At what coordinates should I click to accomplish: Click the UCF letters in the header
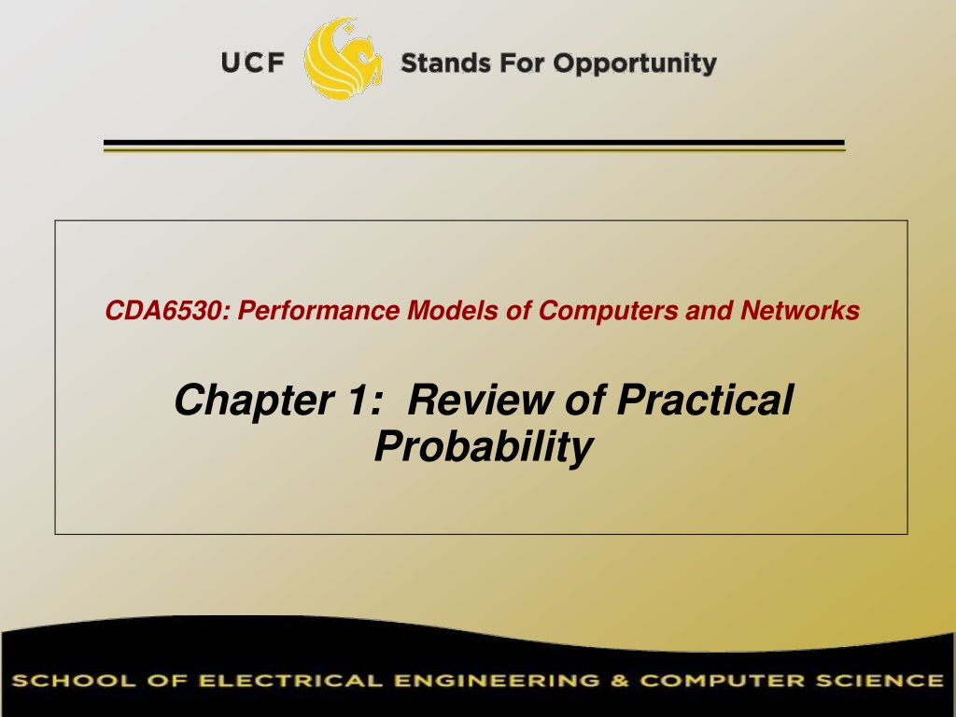pyautogui.click(x=252, y=63)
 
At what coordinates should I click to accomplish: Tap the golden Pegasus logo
pyautogui.click(x=344, y=59)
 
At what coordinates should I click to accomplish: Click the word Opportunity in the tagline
pyautogui.click(x=635, y=64)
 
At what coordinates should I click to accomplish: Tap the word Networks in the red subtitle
pyautogui.click(x=800, y=310)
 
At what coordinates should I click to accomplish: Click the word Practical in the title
pyautogui.click(x=706, y=400)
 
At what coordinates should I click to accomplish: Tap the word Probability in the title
pyautogui.click(x=484, y=447)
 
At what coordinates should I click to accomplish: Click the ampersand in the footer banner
pyautogui.click(x=620, y=681)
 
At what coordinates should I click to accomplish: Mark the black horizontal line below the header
pyautogui.click(x=474, y=143)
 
